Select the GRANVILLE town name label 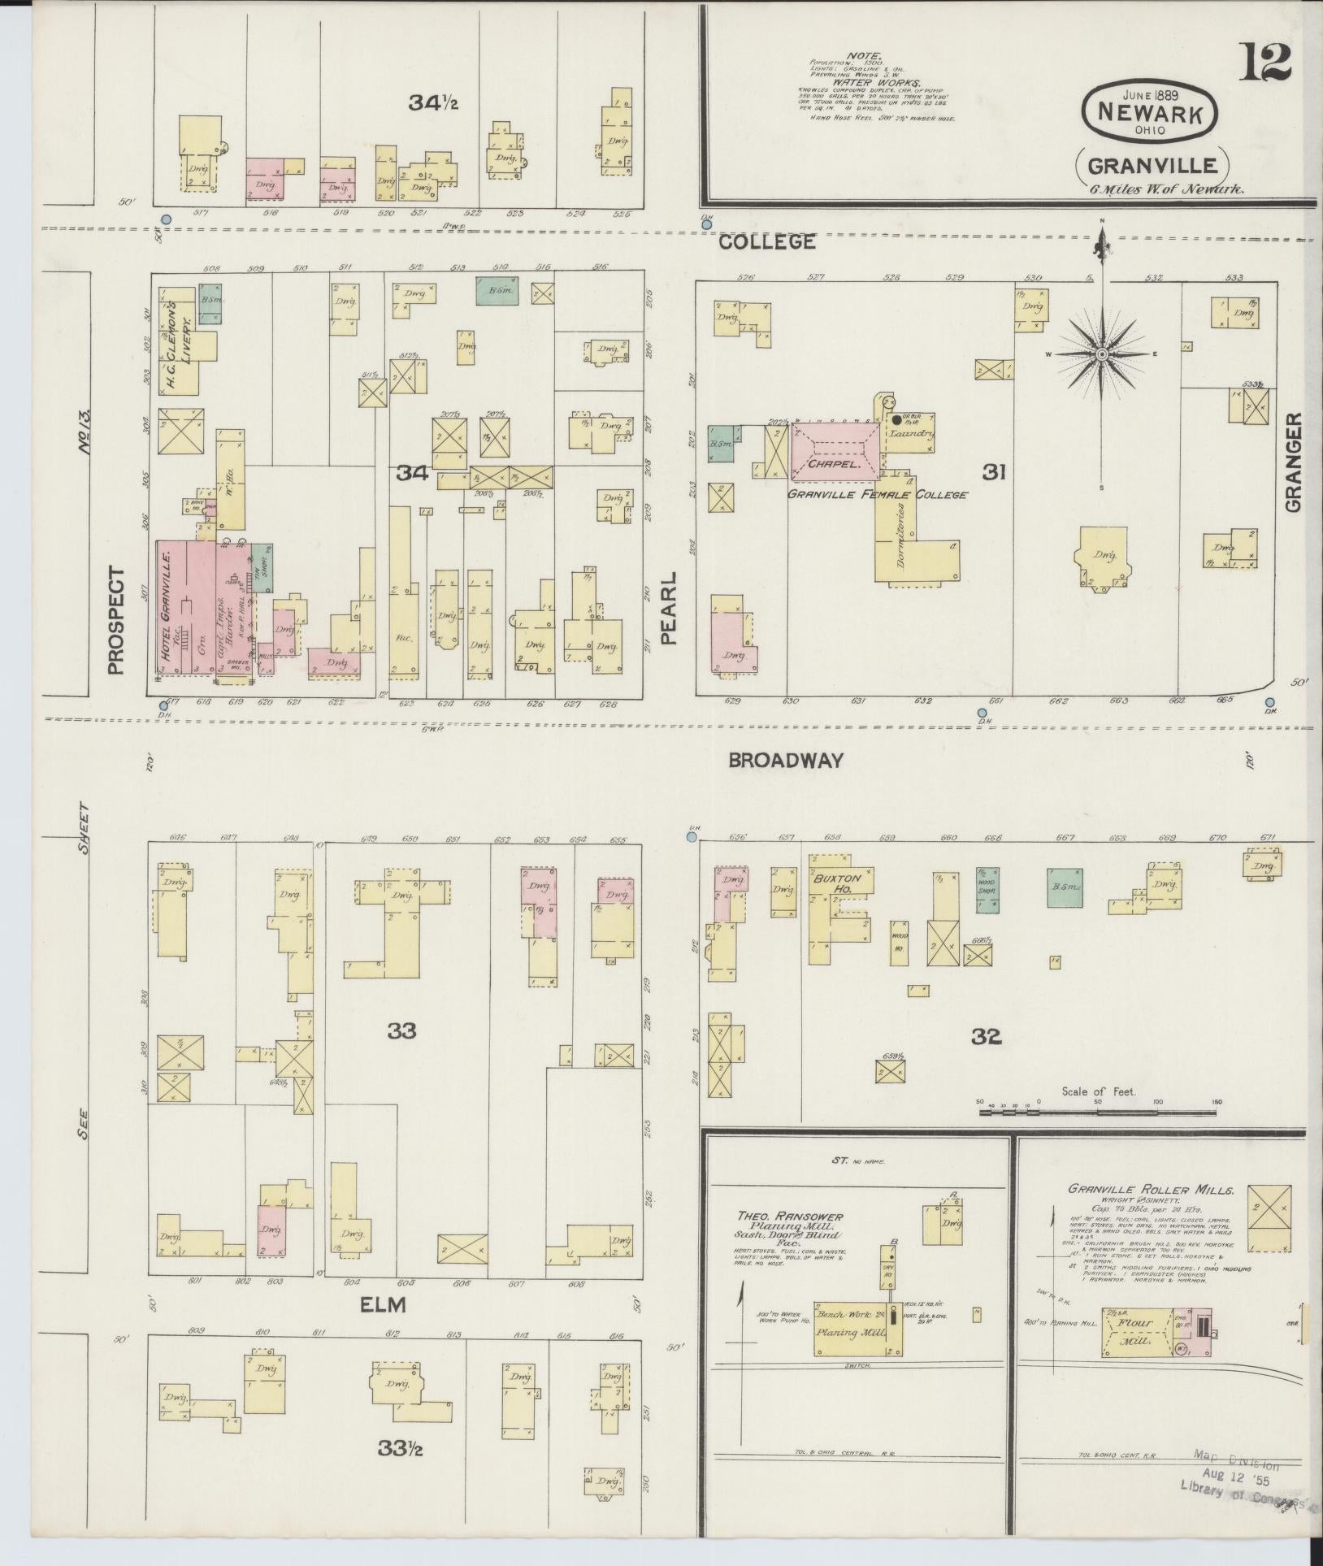(x=1152, y=166)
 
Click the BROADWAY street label (x=785, y=761)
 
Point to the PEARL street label (x=669, y=618)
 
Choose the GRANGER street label (x=1293, y=463)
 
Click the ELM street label (x=384, y=1305)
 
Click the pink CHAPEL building (x=834, y=451)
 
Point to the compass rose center (x=1101, y=354)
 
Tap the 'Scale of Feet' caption (x=1098, y=1092)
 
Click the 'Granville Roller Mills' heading (x=1150, y=1190)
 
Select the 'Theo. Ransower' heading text (x=789, y=1217)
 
